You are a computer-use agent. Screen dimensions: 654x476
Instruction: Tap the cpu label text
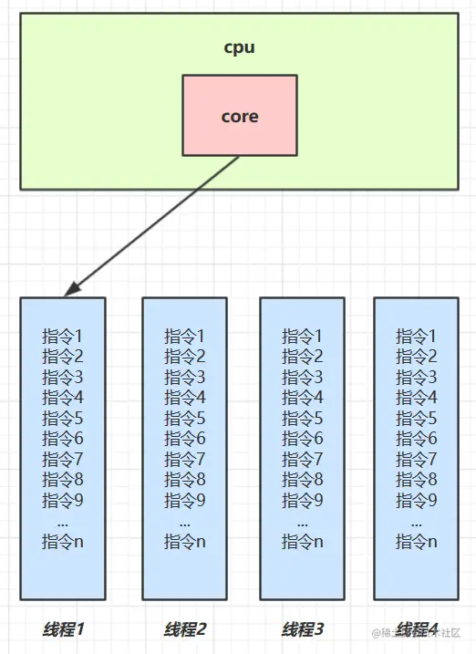[x=239, y=47]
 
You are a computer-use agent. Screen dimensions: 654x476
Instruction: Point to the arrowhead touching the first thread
[x=69, y=290]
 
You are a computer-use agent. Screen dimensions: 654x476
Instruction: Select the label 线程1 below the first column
[x=63, y=629]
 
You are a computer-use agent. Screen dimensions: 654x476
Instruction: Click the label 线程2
[x=185, y=629]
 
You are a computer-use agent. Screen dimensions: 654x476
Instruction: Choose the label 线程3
[x=303, y=629]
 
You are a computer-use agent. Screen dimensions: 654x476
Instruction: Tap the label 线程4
[x=417, y=629]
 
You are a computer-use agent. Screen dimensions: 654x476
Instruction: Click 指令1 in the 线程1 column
[x=63, y=337]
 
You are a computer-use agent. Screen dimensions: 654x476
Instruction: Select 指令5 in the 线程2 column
[x=185, y=419]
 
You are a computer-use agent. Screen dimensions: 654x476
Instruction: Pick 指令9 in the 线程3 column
[x=303, y=500]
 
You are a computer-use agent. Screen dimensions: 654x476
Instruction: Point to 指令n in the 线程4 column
[x=417, y=541]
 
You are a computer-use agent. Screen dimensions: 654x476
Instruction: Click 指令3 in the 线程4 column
[x=417, y=378]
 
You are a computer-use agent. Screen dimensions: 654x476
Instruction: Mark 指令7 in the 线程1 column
[x=63, y=459]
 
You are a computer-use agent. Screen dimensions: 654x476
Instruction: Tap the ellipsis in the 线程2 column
[x=185, y=522]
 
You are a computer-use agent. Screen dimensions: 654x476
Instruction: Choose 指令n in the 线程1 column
[x=63, y=541]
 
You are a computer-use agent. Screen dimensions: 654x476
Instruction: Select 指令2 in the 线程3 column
[x=303, y=357]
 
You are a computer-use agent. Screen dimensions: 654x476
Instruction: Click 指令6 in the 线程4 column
[x=417, y=439]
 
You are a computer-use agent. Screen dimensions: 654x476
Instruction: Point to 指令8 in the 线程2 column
[x=185, y=480]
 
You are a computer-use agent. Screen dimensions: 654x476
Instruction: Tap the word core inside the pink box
[x=239, y=117]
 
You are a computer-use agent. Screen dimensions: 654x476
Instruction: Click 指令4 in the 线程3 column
[x=303, y=398]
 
